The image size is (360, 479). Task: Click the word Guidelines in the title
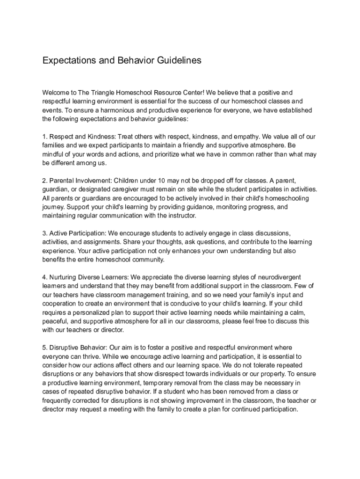pos(179,60)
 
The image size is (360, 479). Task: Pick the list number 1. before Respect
pos(45,137)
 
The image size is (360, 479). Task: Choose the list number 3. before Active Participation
pos(45,233)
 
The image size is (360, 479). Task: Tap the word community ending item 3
pos(142,260)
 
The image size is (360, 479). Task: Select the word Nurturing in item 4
pos(66,277)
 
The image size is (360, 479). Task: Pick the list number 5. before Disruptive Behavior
pos(45,348)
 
